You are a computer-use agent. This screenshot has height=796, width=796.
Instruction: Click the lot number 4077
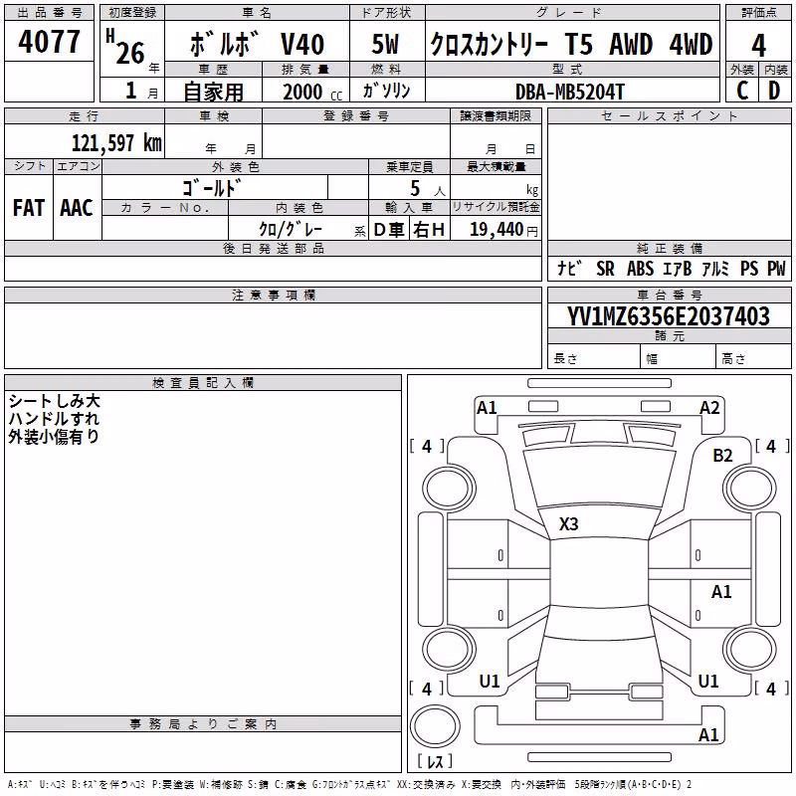coord(49,42)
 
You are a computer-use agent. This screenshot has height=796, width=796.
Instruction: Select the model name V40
coord(302,44)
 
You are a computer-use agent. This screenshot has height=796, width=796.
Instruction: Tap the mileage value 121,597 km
coord(116,143)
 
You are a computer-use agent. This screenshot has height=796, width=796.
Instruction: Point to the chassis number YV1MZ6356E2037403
coord(669,316)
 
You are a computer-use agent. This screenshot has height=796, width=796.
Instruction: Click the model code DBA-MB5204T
coord(569,92)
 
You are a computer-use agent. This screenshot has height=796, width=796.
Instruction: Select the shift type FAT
coord(29,208)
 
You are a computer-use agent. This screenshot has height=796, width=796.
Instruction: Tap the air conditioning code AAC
coord(77,208)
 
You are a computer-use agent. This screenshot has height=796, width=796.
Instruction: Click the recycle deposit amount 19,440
coord(497,230)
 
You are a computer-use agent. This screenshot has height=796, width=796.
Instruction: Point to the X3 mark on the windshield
coord(568,524)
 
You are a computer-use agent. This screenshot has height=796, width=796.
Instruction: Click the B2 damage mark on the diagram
coord(722,456)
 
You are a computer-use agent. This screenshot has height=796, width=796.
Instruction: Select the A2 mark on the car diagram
coord(709,408)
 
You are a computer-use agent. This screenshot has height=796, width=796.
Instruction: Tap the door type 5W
coord(385,44)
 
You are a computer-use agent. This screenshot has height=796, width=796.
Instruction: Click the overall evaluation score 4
coord(758,46)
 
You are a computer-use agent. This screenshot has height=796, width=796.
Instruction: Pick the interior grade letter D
coord(774,91)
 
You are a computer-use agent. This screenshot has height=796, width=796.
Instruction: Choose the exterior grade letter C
coord(742,91)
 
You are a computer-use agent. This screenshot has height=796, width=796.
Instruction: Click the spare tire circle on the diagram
coord(435,726)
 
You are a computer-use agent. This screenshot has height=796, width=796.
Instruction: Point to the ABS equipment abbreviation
coord(640,269)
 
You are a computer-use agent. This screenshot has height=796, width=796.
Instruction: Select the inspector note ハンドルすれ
coord(54,419)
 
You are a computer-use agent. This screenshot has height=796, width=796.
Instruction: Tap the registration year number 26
coord(130,53)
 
